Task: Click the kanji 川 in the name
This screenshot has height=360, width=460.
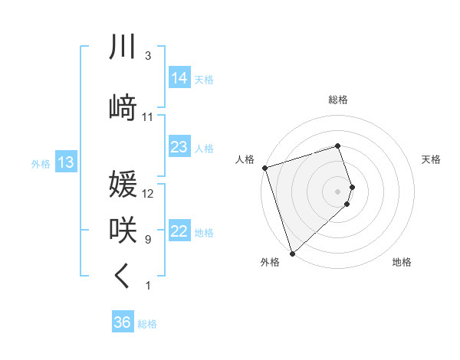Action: [x=123, y=47]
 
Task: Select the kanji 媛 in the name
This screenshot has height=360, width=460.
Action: [x=123, y=185]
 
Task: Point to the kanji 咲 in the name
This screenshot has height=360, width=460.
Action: [x=123, y=230]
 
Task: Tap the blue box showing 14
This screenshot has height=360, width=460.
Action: [x=179, y=78]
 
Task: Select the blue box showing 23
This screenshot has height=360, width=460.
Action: [x=179, y=146]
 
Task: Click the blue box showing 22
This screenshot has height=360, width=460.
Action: [x=179, y=231]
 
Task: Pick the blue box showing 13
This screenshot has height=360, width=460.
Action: [x=65, y=162]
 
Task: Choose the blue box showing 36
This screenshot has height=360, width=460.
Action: [x=123, y=322]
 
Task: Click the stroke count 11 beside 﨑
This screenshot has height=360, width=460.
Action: [x=148, y=117]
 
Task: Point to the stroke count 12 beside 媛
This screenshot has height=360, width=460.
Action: [x=148, y=194]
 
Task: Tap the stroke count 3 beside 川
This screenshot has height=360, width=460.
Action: [x=148, y=56]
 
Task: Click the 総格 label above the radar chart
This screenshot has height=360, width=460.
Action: [x=338, y=100]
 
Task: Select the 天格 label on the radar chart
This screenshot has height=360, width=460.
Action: [x=431, y=159]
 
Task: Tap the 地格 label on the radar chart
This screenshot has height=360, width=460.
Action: [x=402, y=262]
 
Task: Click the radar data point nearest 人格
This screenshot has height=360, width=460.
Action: [x=264, y=167]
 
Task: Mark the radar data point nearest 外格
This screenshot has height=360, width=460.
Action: [x=291, y=253]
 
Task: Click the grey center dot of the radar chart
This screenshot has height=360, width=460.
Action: [x=338, y=190]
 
